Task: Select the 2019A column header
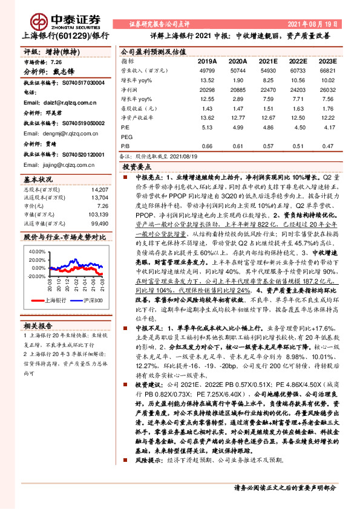pos(207,61)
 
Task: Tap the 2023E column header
pos(326,61)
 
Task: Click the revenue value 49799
pos(207,71)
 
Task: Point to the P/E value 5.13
pos(207,128)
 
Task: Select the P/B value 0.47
pos(326,146)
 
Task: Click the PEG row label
pos(126,137)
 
